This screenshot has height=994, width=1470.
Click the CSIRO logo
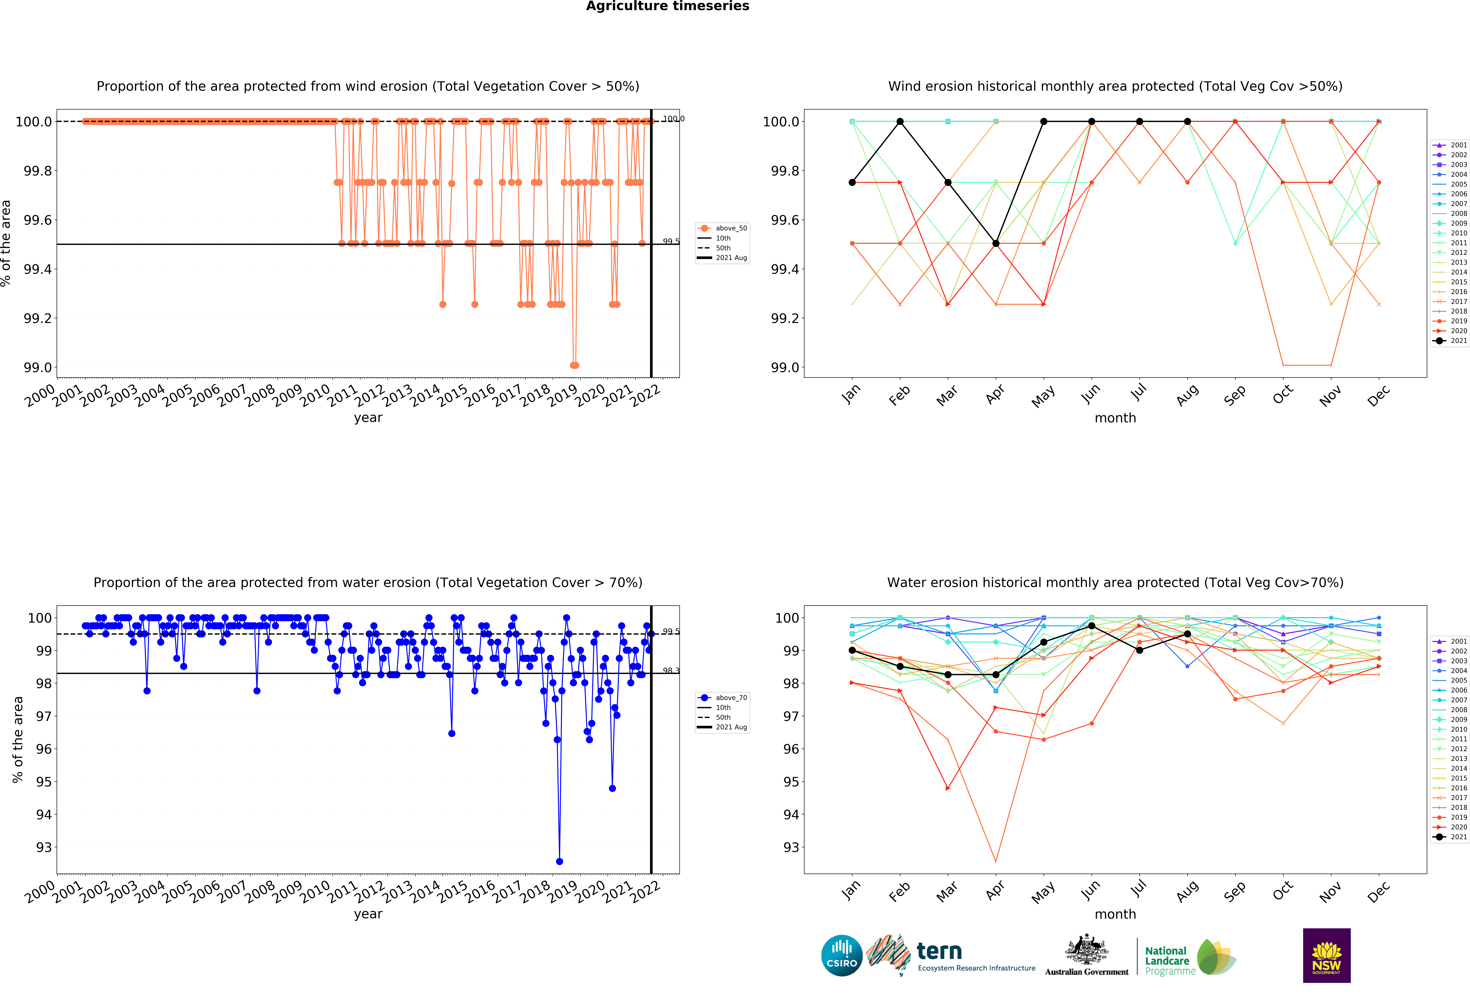point(842,955)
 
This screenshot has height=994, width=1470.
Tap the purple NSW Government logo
point(1326,955)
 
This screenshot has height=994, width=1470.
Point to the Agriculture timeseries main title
point(667,6)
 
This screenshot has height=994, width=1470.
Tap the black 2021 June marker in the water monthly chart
point(1092,626)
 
